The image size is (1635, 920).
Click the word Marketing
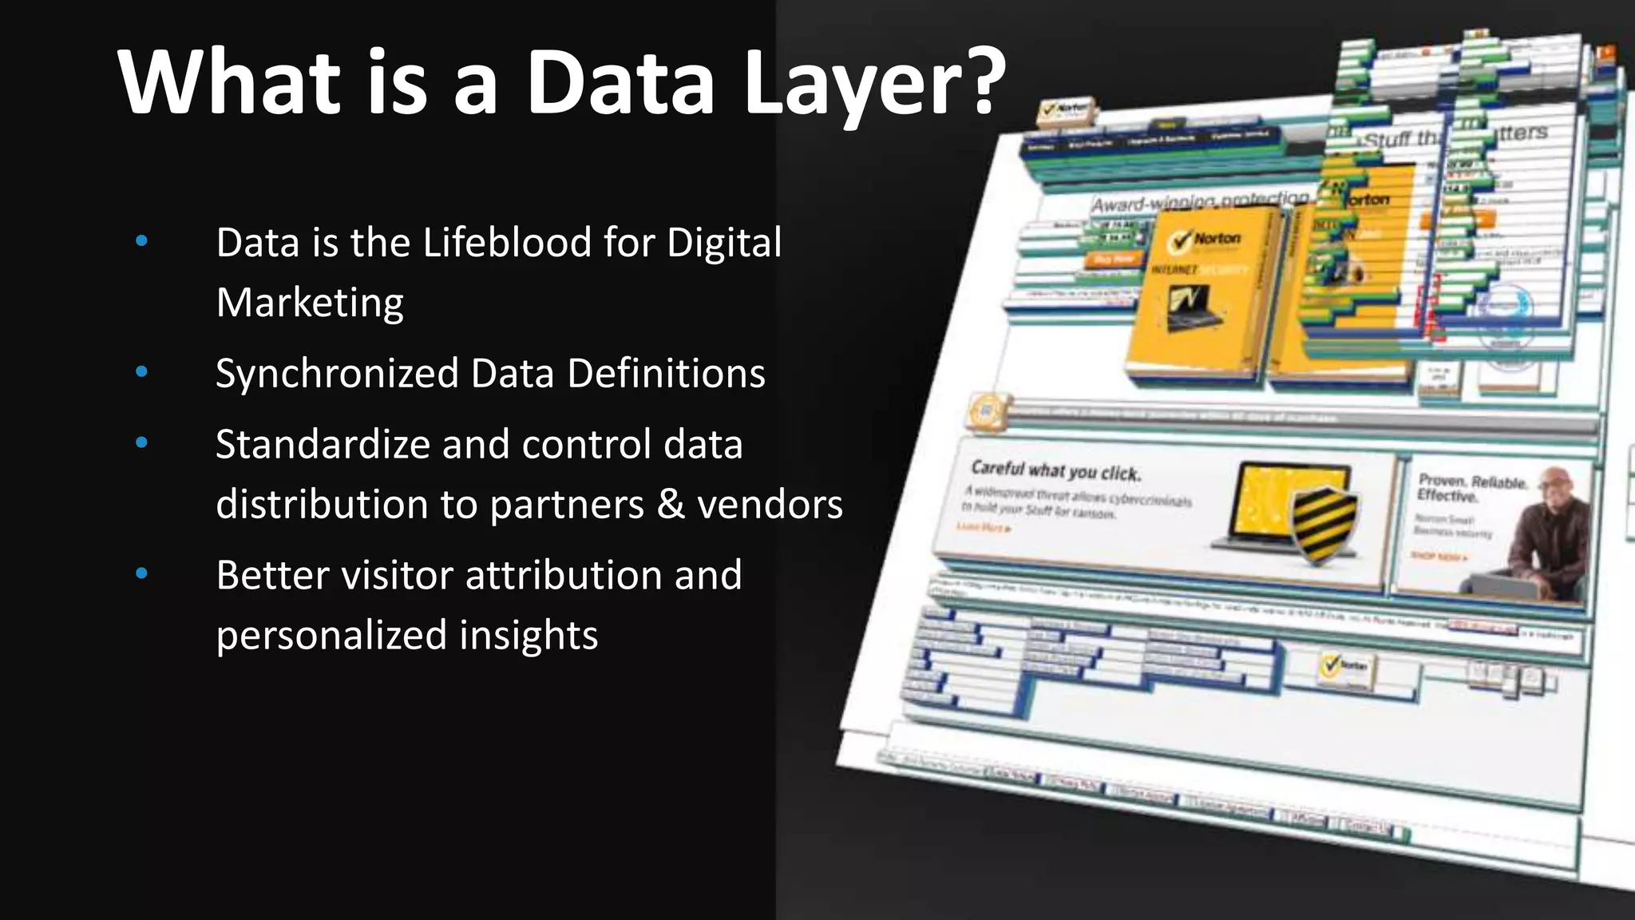310,303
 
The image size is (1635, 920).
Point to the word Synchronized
337,374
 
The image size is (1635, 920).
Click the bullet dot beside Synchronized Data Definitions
142,371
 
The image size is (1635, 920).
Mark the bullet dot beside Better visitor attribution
142,573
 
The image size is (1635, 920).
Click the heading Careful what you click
1055,470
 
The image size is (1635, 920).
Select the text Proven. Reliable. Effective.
1471,487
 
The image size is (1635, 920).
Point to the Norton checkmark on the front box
1180,241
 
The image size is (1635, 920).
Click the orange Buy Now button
1114,259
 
